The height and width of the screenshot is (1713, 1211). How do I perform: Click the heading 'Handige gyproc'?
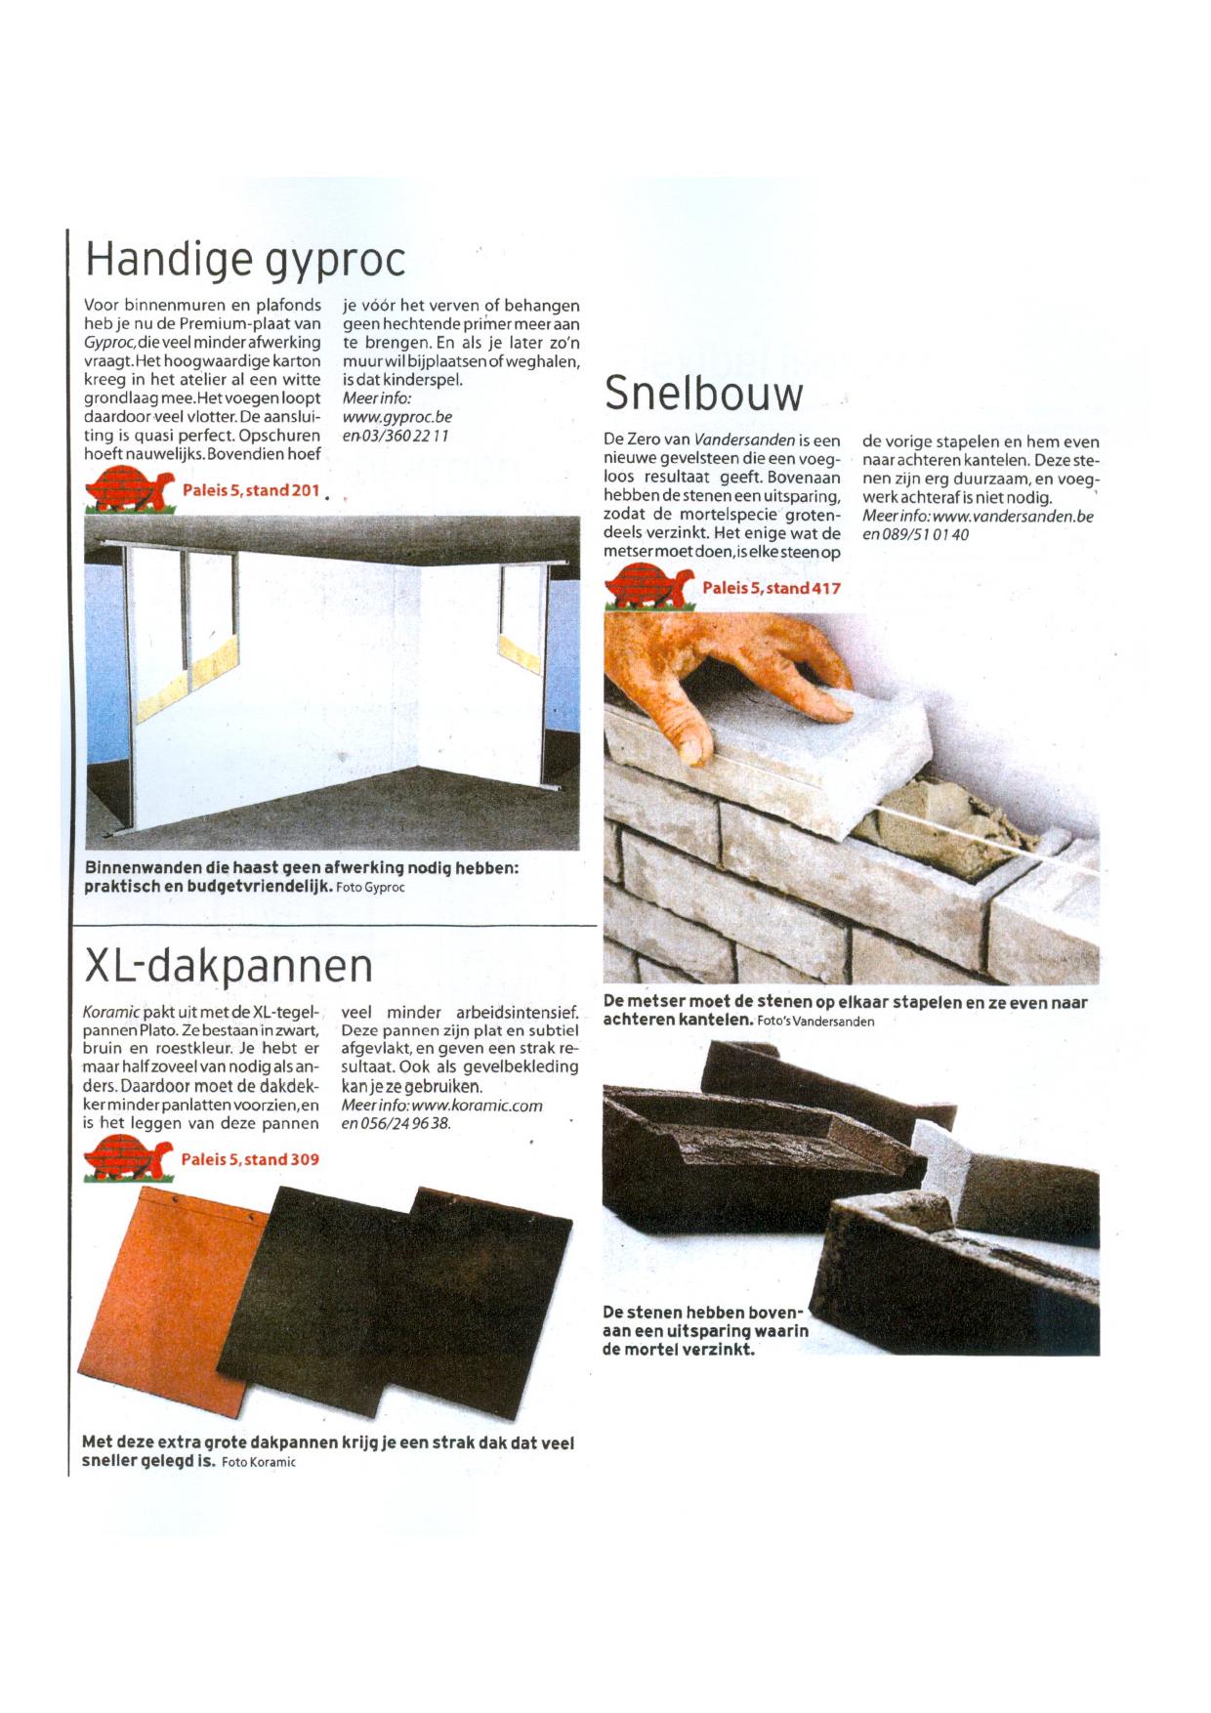244,260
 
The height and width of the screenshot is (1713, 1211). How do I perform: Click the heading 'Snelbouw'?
703,395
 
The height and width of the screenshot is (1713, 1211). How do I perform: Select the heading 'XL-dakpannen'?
229,967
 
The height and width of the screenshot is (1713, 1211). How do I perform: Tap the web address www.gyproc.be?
397,417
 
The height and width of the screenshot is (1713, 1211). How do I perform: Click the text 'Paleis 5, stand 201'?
251,490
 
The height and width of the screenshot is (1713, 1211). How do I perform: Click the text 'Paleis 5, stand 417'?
771,588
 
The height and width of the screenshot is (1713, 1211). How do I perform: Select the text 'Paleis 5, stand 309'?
250,1159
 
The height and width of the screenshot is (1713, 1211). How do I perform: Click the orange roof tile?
166,1289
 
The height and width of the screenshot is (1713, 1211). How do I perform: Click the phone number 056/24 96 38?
406,1124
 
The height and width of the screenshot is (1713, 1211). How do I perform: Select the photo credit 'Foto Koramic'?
259,1462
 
